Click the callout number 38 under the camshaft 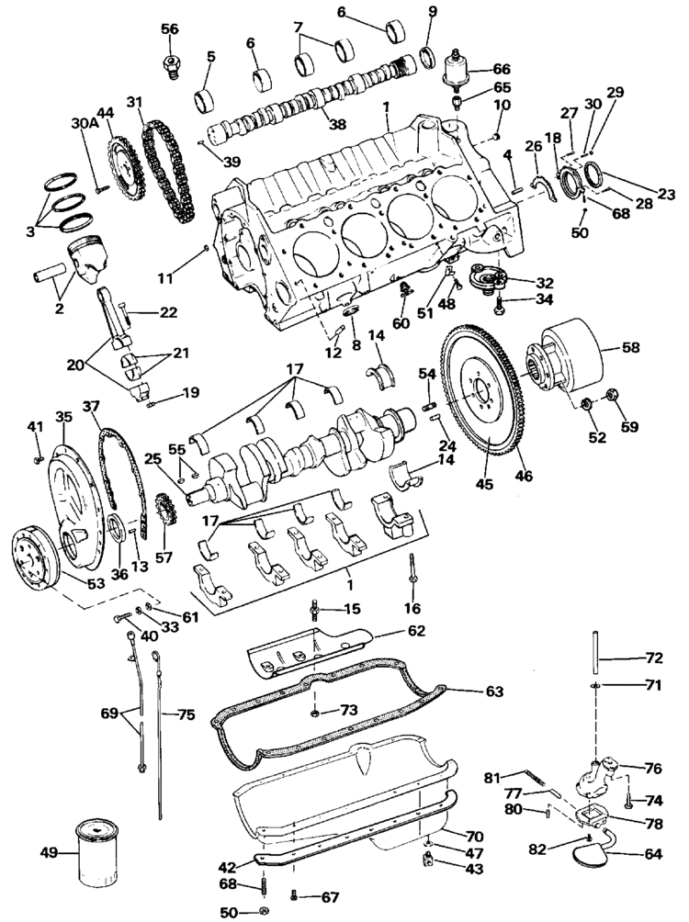338,125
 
